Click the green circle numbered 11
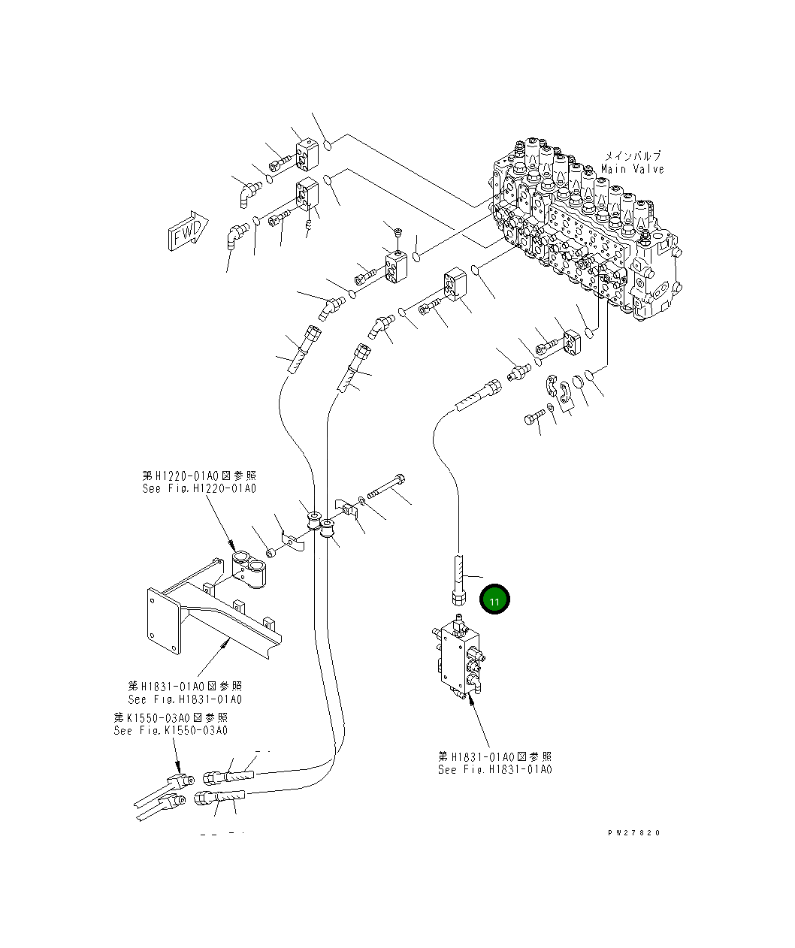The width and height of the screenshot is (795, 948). [x=495, y=601]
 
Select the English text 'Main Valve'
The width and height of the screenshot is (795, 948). [x=632, y=170]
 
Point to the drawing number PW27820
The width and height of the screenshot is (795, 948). [x=634, y=833]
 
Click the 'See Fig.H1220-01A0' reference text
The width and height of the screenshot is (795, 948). [x=199, y=489]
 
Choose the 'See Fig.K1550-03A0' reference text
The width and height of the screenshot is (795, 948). [x=171, y=731]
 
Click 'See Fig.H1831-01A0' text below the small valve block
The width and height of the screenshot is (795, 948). [x=495, y=770]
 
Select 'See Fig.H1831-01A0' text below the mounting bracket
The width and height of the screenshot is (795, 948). [x=185, y=700]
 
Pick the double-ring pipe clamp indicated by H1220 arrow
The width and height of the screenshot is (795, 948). [x=249, y=566]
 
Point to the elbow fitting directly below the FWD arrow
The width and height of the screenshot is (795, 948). [x=234, y=237]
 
